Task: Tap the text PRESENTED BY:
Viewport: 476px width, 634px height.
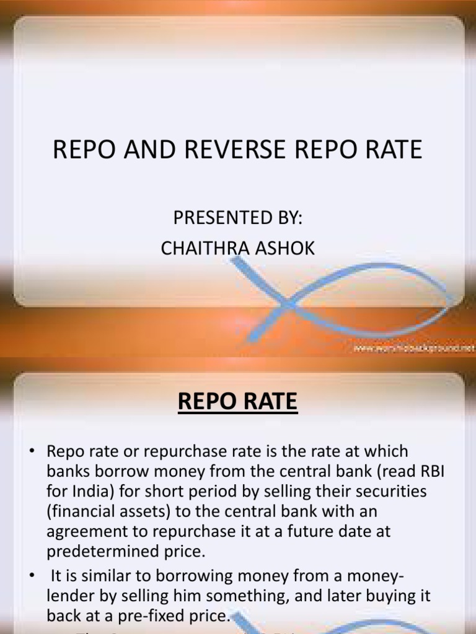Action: click(x=237, y=219)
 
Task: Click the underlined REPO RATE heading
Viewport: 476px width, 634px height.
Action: click(x=237, y=403)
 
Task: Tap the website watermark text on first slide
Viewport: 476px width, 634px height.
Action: click(x=412, y=349)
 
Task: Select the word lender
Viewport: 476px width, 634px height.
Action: click(x=68, y=596)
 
